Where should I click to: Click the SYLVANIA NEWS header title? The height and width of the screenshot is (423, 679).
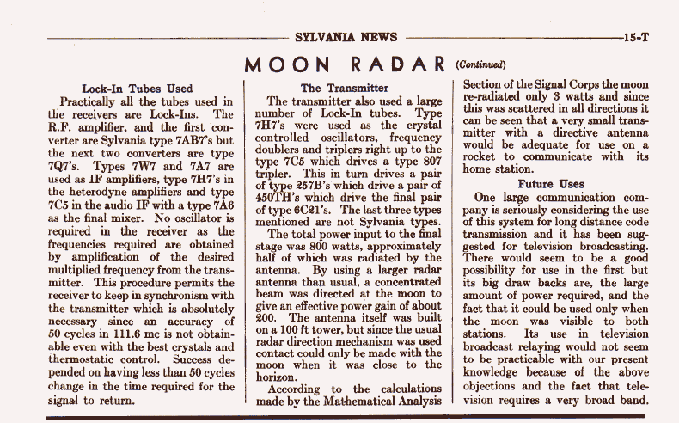point(345,37)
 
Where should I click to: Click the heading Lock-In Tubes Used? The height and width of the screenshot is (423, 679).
point(137,88)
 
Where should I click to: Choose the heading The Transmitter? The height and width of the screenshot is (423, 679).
point(344,88)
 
